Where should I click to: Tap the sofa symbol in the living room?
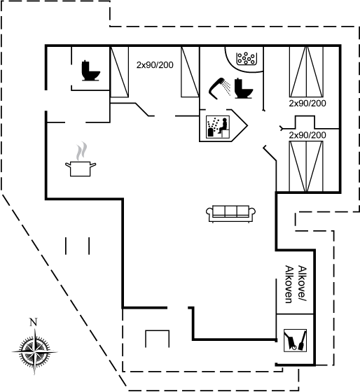tap(230, 214)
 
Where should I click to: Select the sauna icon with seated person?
tap(217, 127)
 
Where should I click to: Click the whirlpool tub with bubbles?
tap(246, 59)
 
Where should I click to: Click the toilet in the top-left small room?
tap(91, 71)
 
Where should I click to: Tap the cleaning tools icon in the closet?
tap(295, 340)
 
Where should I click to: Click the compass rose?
tap(34, 351)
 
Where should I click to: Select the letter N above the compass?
tap(34, 322)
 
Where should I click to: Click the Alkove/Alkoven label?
tap(296, 284)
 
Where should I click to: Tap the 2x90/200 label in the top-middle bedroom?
tap(155, 65)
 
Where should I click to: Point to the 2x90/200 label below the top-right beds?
tap(307, 104)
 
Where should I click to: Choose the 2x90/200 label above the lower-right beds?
tap(307, 135)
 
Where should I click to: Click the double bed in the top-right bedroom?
tap(306, 71)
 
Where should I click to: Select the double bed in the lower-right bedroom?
tap(306, 167)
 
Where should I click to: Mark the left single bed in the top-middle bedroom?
tap(120, 71)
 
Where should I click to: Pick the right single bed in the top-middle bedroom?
tap(190, 71)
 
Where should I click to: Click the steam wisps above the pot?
tap(82, 151)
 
